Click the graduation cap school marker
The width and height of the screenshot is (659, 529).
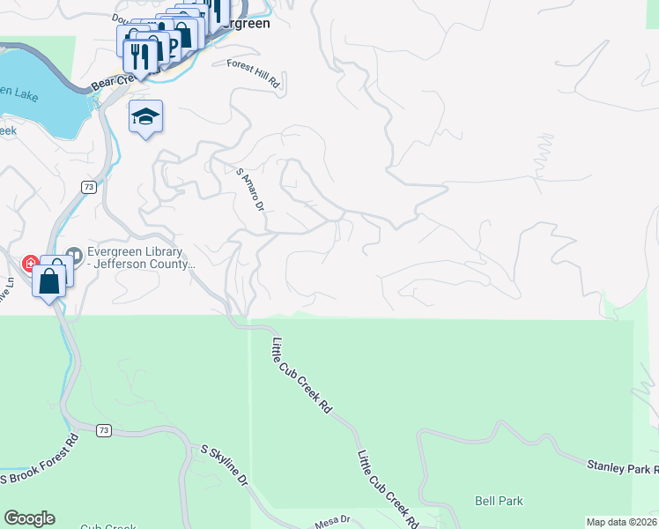click(146, 116)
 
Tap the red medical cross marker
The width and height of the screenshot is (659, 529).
click(30, 264)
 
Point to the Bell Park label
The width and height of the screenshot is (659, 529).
click(499, 501)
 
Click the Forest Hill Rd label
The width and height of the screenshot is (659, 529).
click(253, 74)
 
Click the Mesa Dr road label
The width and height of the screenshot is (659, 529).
click(333, 522)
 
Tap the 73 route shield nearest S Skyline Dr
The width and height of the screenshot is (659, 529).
click(104, 429)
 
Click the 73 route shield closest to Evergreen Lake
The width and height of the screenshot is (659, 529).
click(88, 187)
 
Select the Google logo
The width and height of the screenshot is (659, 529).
click(29, 518)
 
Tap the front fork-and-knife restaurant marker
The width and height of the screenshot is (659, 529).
click(140, 56)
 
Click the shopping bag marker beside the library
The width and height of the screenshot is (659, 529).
click(49, 282)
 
